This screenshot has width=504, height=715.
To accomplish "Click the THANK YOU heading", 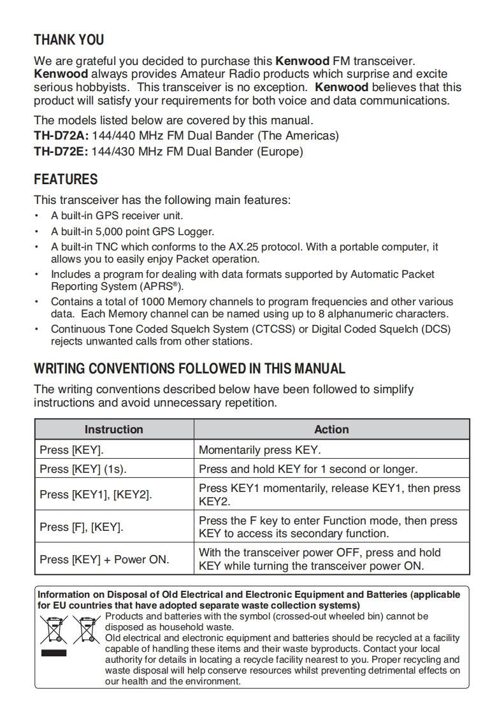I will click(69, 40).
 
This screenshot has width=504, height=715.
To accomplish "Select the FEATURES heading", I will click(66, 179).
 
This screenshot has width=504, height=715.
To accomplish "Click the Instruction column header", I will click(114, 430).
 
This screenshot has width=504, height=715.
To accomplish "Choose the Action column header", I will click(331, 430).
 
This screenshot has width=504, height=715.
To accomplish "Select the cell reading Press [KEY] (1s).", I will click(83, 469).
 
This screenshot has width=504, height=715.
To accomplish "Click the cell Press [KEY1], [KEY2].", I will click(96, 495).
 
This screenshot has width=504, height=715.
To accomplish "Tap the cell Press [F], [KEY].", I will click(82, 527).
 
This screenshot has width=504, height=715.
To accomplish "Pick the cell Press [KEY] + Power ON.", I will click(104, 560).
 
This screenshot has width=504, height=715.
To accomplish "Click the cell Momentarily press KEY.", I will click(260, 450).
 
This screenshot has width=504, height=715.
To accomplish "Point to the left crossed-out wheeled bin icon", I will click(53, 629).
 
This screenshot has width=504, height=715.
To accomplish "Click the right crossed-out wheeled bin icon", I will click(85, 629).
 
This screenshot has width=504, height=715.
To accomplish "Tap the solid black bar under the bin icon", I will click(53, 653).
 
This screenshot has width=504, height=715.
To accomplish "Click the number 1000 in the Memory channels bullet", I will click(153, 301).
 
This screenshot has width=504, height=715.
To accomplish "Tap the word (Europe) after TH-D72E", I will click(280, 152).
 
